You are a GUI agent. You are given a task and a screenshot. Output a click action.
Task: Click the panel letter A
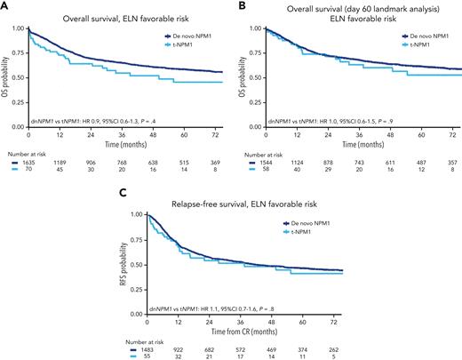pos(4,5)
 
